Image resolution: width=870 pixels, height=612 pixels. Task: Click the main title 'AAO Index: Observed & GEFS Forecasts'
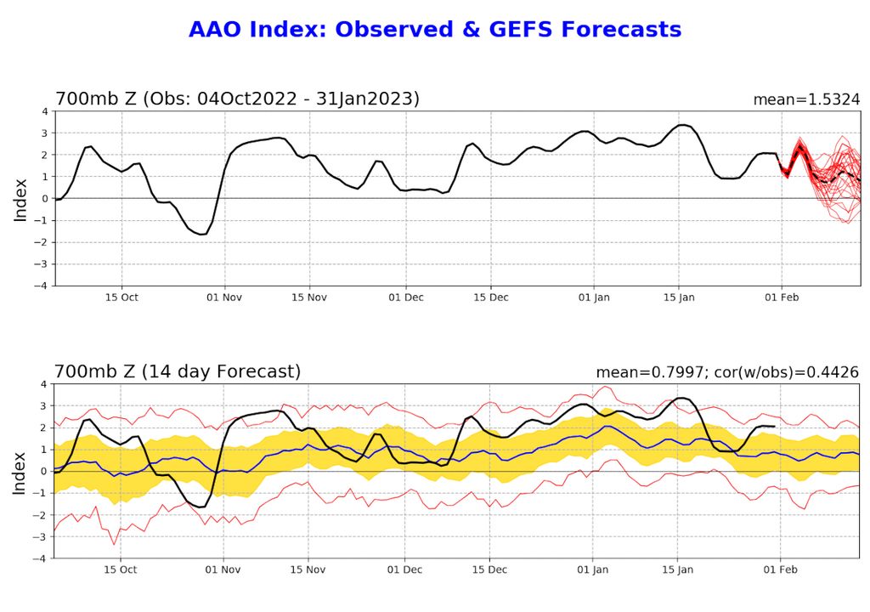(x=435, y=30)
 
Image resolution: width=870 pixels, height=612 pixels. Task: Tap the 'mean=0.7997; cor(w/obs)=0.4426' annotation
(x=727, y=372)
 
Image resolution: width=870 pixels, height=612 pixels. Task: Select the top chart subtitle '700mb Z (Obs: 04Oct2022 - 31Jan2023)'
(x=237, y=99)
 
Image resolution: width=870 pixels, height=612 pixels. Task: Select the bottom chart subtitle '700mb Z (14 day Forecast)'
(x=178, y=371)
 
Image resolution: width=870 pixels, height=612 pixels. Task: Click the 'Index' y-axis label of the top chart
(x=20, y=199)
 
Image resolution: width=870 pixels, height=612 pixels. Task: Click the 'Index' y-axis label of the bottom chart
(x=20, y=472)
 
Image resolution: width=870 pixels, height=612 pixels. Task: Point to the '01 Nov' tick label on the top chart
(x=224, y=297)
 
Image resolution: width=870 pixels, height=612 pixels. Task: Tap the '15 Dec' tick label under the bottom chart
(x=490, y=570)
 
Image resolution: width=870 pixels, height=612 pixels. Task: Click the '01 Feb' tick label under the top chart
(x=782, y=297)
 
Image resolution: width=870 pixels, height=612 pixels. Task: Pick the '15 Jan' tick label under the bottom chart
(x=678, y=570)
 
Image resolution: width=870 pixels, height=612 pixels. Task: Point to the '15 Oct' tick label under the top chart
(x=121, y=297)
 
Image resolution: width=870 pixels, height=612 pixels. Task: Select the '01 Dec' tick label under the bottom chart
(x=406, y=570)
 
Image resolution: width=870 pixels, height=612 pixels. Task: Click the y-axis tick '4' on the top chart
(x=45, y=111)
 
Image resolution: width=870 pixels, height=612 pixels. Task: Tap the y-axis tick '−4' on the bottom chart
(x=42, y=559)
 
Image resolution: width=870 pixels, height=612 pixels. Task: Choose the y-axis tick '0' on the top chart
(x=45, y=199)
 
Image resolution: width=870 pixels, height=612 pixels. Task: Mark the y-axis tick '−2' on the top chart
(x=42, y=242)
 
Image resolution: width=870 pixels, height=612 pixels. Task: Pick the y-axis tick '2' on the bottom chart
(x=45, y=428)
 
